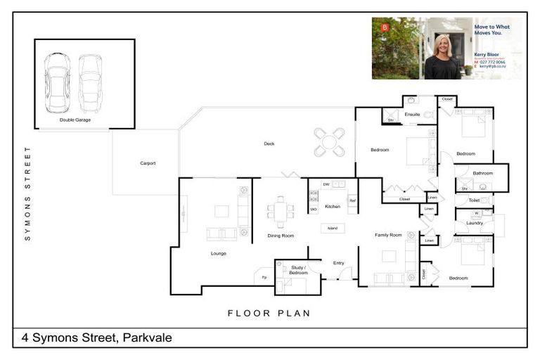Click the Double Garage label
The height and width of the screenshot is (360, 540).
[75, 120]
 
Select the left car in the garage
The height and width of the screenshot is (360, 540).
[57, 82]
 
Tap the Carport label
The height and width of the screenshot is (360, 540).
[148, 163]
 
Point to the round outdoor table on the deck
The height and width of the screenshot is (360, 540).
[329, 142]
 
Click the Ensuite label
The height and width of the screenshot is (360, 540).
[412, 114]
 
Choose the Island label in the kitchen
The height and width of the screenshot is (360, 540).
[333, 228]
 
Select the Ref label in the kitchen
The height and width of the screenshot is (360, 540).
[352, 200]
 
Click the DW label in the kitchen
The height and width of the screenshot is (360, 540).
[326, 184]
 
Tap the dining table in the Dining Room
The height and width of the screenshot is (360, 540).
[281, 212]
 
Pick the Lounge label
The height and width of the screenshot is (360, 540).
[218, 253]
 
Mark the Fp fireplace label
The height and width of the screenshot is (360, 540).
[264, 278]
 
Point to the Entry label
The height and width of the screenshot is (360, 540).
[338, 263]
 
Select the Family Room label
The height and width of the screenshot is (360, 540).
[387, 235]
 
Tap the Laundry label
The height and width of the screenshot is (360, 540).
[474, 223]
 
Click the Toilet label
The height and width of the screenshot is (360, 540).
[474, 200]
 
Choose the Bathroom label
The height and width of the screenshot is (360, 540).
[482, 173]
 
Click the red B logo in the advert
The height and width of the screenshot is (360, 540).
[384, 27]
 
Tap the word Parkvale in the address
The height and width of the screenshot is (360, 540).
[147, 338]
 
